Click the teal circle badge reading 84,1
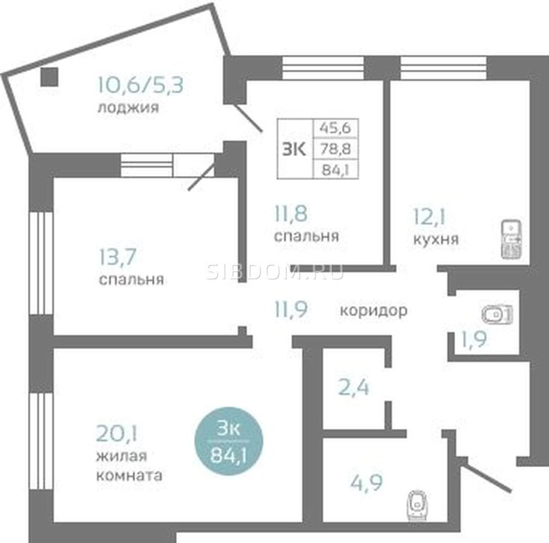pyautogui.click(x=229, y=441)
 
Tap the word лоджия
pyautogui.click(x=128, y=108)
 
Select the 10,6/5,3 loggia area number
pyautogui.click(x=140, y=85)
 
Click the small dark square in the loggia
pyautogui.click(x=50, y=77)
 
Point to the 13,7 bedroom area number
pyautogui.click(x=118, y=257)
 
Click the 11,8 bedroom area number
pyautogui.click(x=291, y=213)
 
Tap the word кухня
pyautogui.click(x=436, y=239)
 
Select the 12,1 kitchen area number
pyautogui.click(x=430, y=216)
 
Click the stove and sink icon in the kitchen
pyautogui.click(x=512, y=239)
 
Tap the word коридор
pyautogui.click(x=374, y=311)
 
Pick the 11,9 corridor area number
pyautogui.click(x=291, y=310)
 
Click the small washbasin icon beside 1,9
pyautogui.click(x=497, y=314)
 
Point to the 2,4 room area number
pyautogui.click(x=354, y=388)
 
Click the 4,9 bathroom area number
pyautogui.click(x=367, y=482)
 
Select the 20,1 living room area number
pyautogui.click(x=116, y=434)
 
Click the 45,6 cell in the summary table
pyautogui.click(x=336, y=128)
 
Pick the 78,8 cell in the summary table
pyautogui.click(x=336, y=149)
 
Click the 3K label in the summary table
pyautogui.click(x=294, y=149)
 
